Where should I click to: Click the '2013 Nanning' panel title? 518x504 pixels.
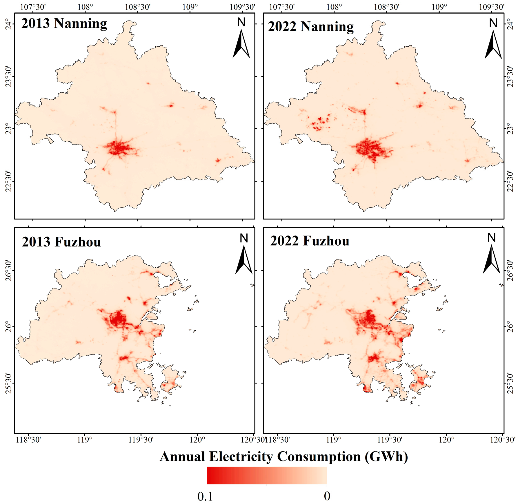click(64, 23)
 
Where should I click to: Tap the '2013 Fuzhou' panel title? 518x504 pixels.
click(61, 242)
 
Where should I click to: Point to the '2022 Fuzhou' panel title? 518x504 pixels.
click(310, 241)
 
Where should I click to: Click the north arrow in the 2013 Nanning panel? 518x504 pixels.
click(241, 43)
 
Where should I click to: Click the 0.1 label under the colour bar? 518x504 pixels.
click(205, 496)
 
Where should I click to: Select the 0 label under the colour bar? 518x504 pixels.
click(327, 496)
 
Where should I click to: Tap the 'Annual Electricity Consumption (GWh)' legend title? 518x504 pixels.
click(284, 456)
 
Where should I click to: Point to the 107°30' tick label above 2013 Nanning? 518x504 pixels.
click(33, 7)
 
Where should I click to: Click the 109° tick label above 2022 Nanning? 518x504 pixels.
click(439, 7)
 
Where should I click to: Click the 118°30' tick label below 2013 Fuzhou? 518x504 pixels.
click(28, 440)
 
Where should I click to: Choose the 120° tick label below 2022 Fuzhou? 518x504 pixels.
click(446, 440)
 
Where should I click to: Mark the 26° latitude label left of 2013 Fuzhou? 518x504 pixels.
click(9, 327)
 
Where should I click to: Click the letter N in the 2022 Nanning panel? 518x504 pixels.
click(493, 23)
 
